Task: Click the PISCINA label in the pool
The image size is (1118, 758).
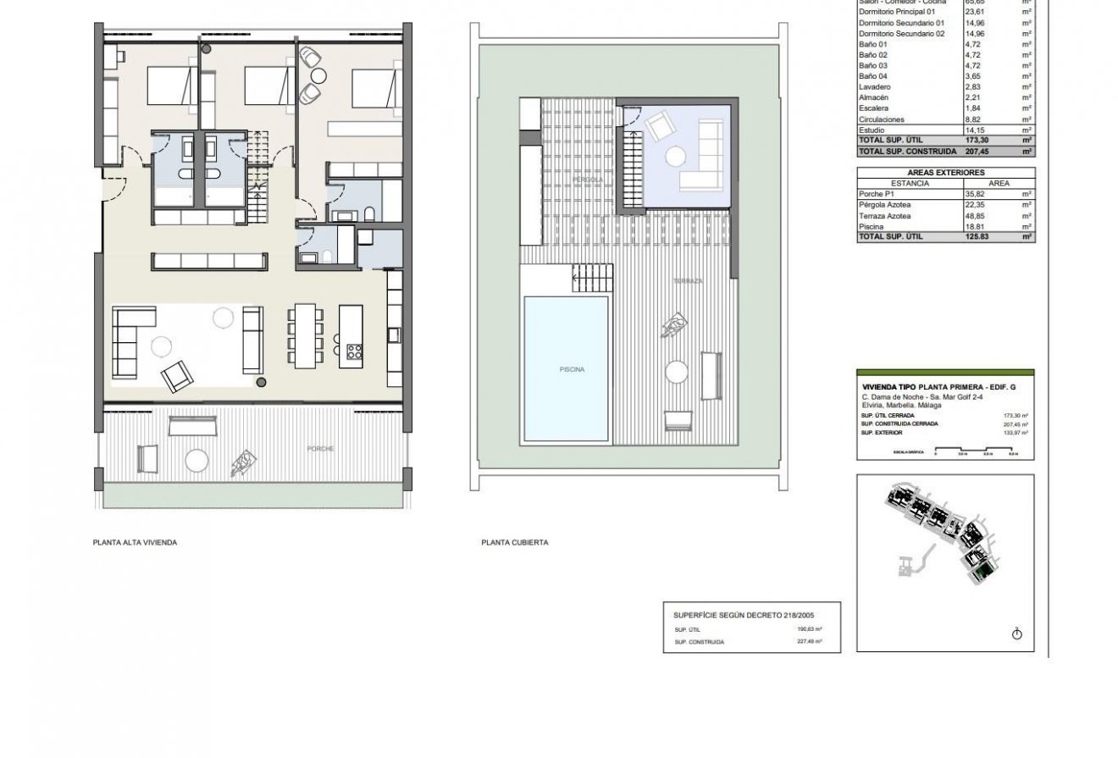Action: click(x=572, y=369)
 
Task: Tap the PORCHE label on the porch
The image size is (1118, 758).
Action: click(x=320, y=449)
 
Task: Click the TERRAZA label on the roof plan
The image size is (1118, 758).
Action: click(x=689, y=281)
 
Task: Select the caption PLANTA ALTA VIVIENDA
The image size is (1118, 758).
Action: click(x=135, y=543)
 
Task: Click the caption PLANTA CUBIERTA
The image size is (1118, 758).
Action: click(x=514, y=543)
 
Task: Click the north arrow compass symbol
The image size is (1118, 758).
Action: click(x=1017, y=634)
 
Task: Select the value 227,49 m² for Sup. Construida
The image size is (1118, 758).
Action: click(x=810, y=642)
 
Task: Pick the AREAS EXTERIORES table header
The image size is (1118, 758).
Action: click(x=945, y=172)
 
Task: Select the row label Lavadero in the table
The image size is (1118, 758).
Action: click(x=874, y=87)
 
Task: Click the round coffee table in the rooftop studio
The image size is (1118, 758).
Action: click(x=675, y=157)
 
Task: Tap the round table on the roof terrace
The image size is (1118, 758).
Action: click(x=677, y=373)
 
